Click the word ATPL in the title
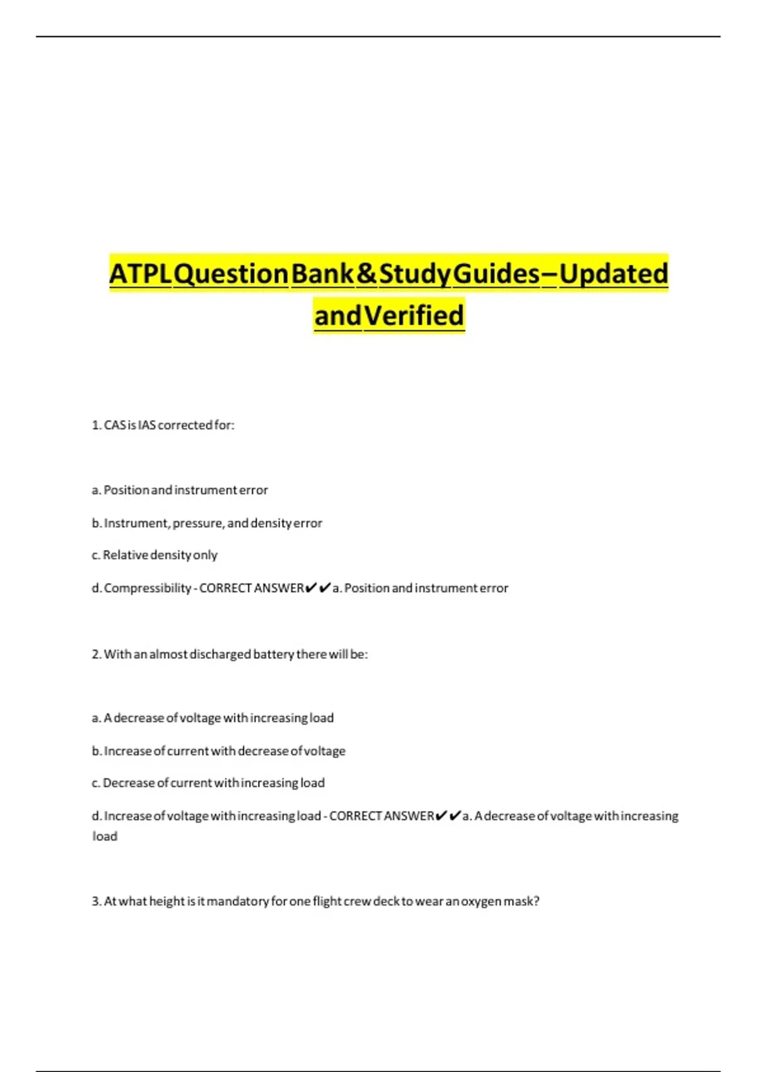(x=140, y=274)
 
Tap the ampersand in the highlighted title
(x=367, y=274)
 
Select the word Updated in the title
(x=613, y=274)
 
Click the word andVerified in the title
(x=389, y=315)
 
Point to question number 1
(x=96, y=426)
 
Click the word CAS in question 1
(x=115, y=426)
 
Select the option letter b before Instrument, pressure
(x=96, y=523)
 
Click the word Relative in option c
(x=125, y=556)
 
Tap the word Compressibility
(x=148, y=588)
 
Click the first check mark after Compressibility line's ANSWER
(x=310, y=588)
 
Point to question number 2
(x=96, y=655)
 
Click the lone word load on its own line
(x=105, y=837)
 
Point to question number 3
(x=96, y=902)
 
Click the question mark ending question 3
(x=536, y=902)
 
